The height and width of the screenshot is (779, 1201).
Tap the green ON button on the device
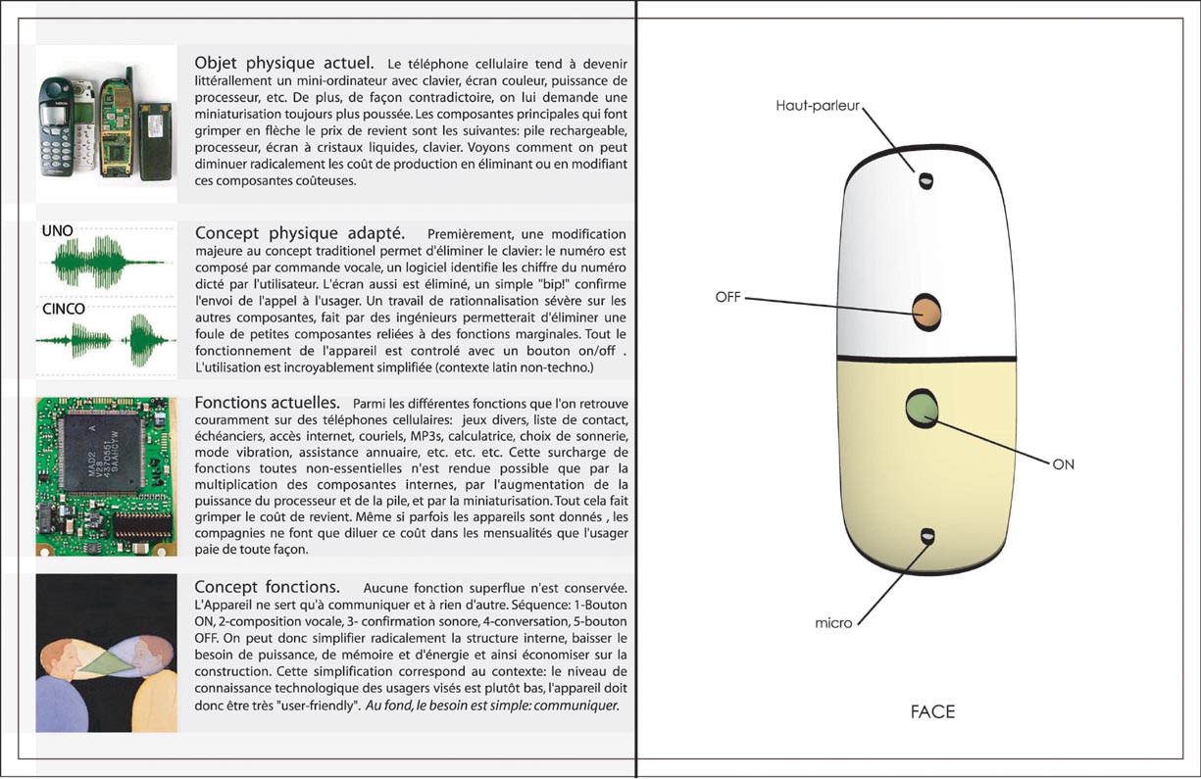[x=922, y=409]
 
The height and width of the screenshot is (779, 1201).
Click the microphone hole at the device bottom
[x=926, y=536]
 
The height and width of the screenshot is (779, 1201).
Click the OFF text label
[x=728, y=296]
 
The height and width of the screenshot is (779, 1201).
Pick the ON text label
[x=1063, y=464]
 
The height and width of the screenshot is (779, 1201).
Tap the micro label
[x=833, y=622]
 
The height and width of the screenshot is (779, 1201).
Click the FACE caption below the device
[x=931, y=712]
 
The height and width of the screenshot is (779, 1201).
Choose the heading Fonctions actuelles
[x=268, y=403]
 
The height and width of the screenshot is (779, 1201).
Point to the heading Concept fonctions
[x=268, y=587]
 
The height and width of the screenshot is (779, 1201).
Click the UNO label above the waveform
[x=57, y=231]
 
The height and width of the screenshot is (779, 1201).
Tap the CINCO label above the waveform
[x=63, y=309]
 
